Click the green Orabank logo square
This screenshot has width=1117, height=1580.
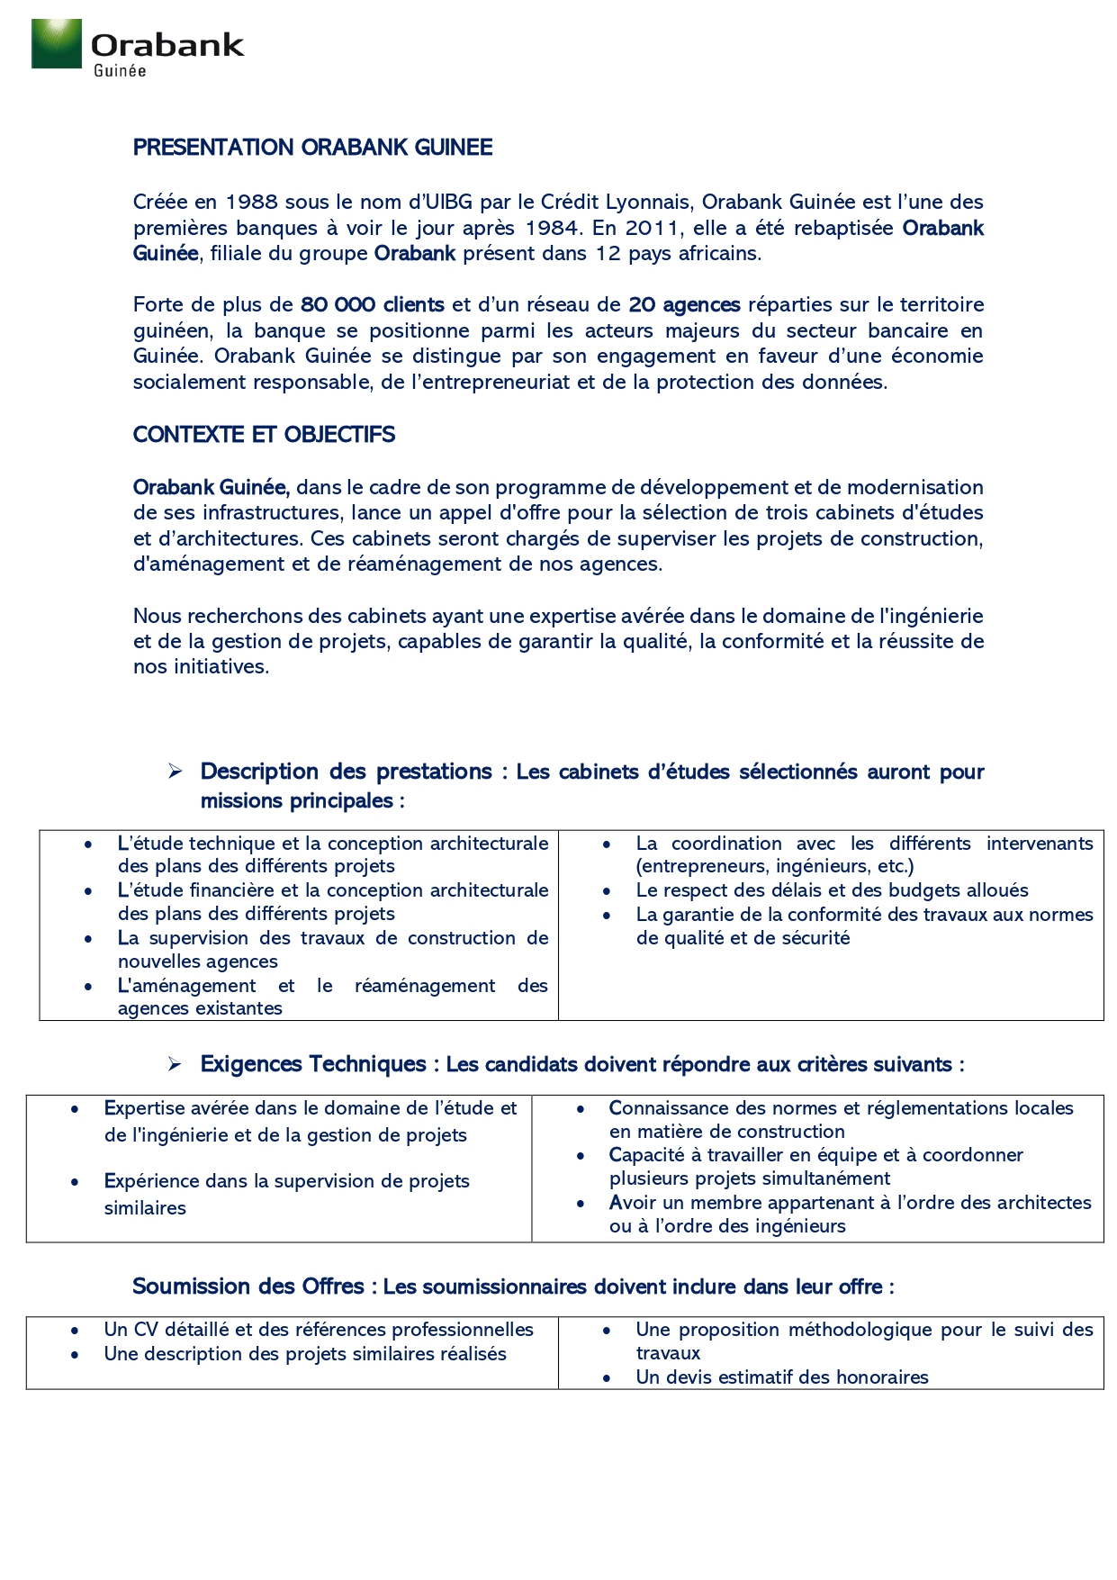tap(56, 43)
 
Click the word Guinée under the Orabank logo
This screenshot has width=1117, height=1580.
tap(120, 71)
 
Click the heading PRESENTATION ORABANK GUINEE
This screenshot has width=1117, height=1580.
tap(312, 148)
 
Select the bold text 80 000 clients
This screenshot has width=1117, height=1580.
tap(372, 305)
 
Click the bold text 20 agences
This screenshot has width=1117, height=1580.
tap(684, 305)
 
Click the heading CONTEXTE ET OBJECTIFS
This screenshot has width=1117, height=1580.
tap(264, 435)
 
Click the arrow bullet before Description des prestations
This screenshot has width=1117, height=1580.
tap(175, 772)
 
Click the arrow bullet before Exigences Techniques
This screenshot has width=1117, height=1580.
tap(175, 1064)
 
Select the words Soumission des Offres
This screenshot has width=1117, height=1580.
tap(248, 1287)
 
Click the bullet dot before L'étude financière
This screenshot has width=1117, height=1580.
tap(88, 891)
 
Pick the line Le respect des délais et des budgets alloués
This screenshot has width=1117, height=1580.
tap(832, 890)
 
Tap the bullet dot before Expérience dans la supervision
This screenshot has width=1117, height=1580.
tap(75, 1181)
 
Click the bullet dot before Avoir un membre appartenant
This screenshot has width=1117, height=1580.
tap(581, 1203)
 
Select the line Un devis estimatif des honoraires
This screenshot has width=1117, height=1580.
tap(781, 1377)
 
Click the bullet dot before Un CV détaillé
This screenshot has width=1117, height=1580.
tap(75, 1331)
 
